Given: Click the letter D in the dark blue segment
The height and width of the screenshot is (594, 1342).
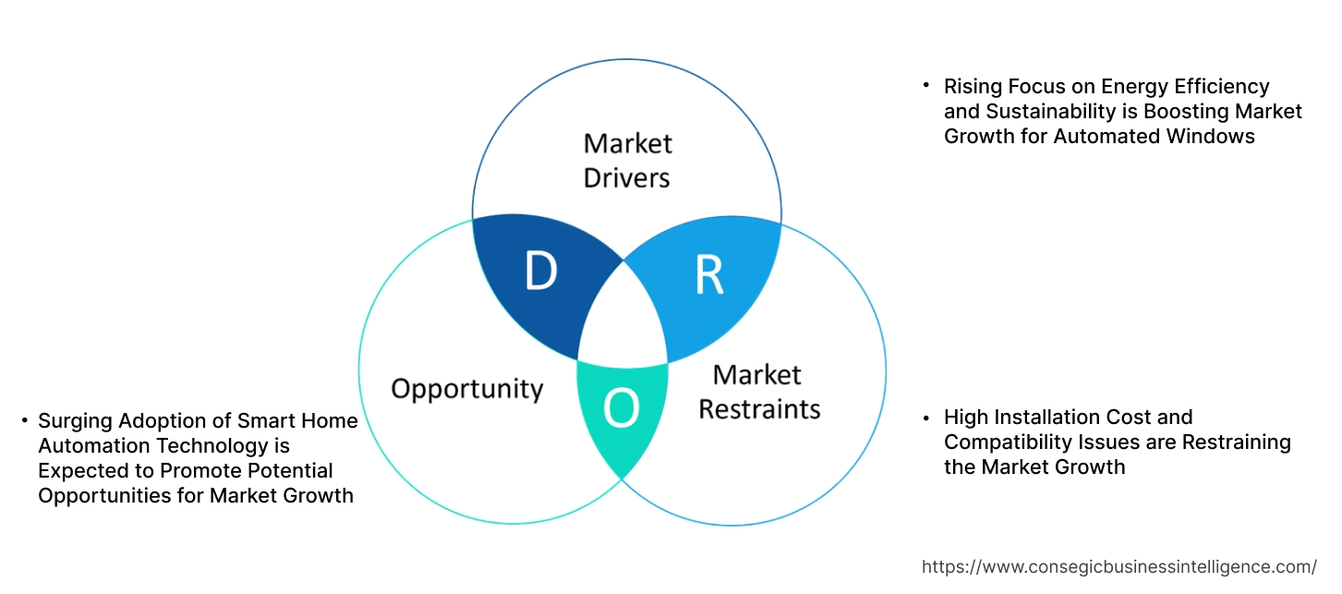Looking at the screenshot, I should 541,272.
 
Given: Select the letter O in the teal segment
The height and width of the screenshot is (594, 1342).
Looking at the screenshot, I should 621,409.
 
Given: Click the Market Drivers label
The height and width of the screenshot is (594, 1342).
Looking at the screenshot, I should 627,160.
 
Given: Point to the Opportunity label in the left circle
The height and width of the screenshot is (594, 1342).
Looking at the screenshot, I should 466,388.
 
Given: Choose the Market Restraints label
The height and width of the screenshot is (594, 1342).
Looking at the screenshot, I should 758,392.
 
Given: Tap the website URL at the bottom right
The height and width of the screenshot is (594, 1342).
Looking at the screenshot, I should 1119,566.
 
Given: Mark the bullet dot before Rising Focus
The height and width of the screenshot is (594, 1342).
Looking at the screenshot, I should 925,86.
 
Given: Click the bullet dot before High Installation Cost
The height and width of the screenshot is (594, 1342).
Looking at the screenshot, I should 925,418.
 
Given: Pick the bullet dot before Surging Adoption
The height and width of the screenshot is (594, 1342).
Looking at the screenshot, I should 24,421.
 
